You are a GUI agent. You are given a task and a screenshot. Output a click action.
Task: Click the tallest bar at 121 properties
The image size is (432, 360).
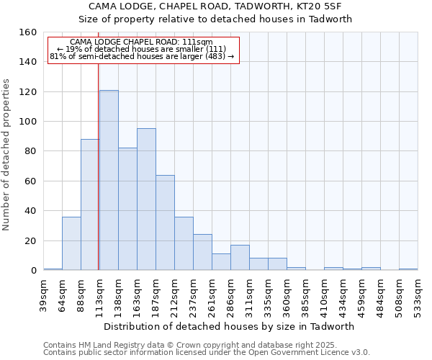pos(109,180)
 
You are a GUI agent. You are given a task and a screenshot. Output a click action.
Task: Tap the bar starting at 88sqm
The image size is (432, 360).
pos(90,204)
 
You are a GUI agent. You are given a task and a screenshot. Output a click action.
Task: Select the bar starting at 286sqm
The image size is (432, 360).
pos(240,258)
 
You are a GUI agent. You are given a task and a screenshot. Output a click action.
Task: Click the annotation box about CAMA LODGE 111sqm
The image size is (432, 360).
pos(143,50)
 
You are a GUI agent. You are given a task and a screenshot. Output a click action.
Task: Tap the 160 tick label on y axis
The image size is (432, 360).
pos(28,32)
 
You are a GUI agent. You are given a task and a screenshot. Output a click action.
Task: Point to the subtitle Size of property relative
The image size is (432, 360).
pos(215,19)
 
